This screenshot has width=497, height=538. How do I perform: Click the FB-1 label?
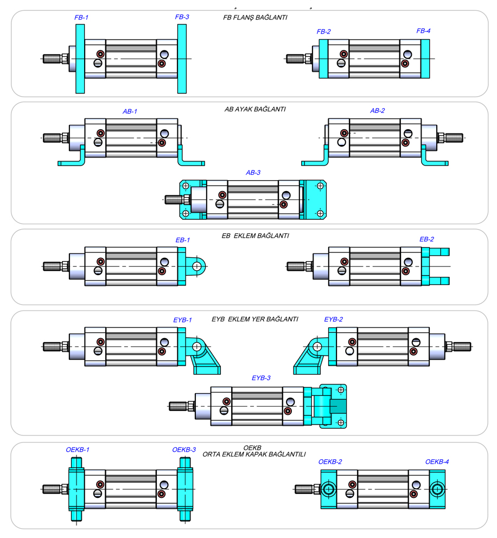(x=81, y=17)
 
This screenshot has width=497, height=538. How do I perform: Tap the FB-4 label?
(x=423, y=31)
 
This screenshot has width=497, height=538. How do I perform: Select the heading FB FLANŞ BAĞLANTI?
(x=255, y=17)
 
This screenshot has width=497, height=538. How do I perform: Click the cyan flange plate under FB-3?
(x=182, y=59)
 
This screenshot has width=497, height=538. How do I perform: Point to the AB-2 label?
(x=377, y=111)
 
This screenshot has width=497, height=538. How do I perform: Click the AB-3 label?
(x=253, y=173)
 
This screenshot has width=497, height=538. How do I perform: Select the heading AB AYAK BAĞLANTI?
(x=255, y=109)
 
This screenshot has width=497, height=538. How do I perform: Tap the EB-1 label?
(x=183, y=240)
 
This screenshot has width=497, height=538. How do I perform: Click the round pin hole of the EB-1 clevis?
(x=197, y=265)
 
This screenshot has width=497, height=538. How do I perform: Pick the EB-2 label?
(x=427, y=239)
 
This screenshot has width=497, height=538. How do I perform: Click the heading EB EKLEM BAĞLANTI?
(x=255, y=236)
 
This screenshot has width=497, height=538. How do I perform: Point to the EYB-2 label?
(x=334, y=320)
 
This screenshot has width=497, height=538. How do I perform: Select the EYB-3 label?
(x=261, y=378)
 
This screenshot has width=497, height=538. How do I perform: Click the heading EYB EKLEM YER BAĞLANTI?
(x=255, y=319)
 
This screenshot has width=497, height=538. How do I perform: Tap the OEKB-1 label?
(x=78, y=450)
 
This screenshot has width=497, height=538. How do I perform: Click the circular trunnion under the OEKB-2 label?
(x=328, y=489)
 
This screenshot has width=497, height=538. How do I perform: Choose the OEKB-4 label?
(x=437, y=462)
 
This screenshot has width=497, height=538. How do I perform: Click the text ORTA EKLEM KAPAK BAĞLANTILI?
(x=254, y=454)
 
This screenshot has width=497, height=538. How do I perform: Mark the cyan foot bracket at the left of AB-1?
(x=73, y=159)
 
